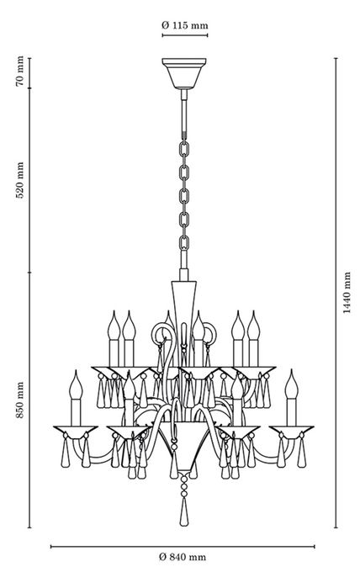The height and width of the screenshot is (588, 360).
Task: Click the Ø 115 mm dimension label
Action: (x=184, y=25)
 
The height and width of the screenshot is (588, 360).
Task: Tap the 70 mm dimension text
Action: (x=20, y=71)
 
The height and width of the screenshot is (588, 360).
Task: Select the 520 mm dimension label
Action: (x=20, y=180)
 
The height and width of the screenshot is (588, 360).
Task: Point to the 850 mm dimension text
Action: (x=20, y=400)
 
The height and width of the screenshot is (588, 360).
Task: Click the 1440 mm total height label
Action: (x=347, y=293)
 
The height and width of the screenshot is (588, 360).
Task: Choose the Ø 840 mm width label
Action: (x=183, y=557)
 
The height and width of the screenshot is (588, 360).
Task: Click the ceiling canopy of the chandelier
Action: (x=184, y=73)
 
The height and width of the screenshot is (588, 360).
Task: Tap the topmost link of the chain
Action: (x=183, y=150)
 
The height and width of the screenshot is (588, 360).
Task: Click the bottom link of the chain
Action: (x=183, y=243)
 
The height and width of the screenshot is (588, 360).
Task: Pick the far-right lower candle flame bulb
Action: (x=291, y=384)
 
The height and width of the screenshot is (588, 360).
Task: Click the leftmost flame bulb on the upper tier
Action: (x=114, y=326)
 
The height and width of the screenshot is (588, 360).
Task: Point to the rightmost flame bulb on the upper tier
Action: (x=253, y=326)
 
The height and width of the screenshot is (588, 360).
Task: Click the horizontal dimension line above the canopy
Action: (x=185, y=35)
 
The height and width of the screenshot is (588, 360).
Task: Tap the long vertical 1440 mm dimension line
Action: (x=336, y=293)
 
